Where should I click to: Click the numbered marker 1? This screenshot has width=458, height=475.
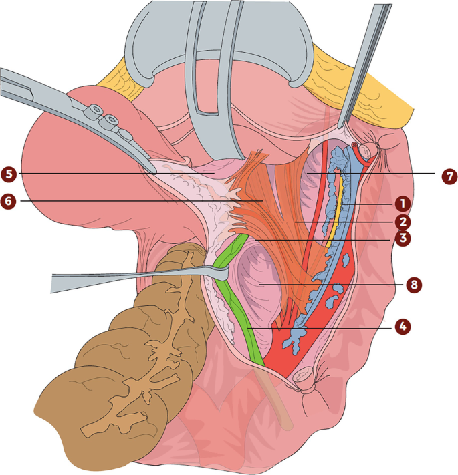400,201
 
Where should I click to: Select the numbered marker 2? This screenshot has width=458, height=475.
400,220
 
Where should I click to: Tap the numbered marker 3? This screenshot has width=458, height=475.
400,239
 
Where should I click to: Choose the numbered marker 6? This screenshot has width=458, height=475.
9,199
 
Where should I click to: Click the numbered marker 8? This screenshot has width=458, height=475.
415,283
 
